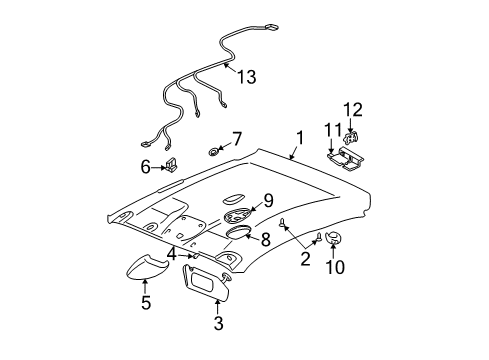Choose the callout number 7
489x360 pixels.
point(236,137)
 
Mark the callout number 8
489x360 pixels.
point(266,239)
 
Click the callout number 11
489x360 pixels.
point(332,128)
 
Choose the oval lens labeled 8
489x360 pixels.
point(240,232)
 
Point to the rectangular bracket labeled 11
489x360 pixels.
point(345,155)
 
